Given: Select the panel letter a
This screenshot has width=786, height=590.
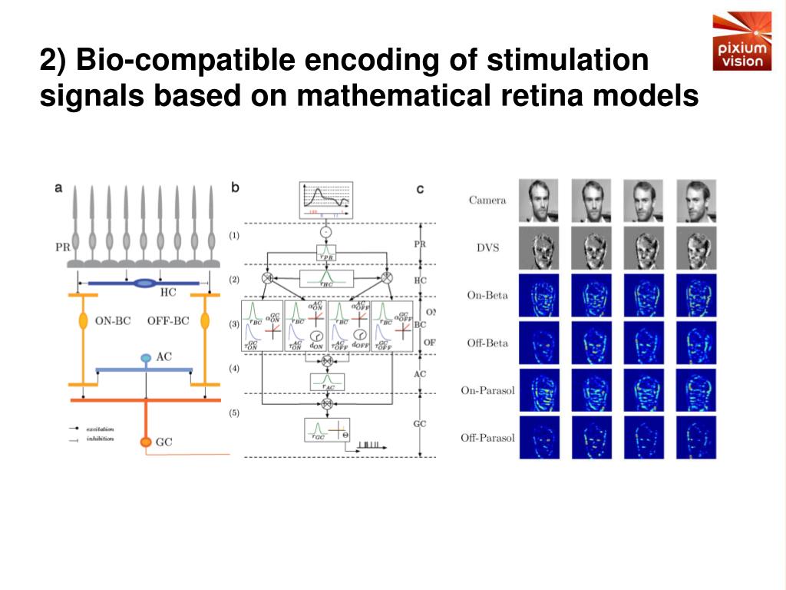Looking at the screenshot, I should (59, 187).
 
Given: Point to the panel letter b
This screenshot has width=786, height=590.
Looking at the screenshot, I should (235, 187).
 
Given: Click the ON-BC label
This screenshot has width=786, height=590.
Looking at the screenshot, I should (113, 321).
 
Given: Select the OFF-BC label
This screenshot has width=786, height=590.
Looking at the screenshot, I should (167, 321).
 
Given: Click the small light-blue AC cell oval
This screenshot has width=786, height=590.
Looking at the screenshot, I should (145, 358).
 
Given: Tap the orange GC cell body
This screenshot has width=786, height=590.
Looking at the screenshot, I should (145, 442).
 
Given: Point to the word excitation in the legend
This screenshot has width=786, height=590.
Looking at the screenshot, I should (101, 428).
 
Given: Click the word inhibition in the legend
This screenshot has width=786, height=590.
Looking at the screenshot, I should (101, 439).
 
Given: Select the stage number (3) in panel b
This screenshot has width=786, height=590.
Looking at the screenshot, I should (235, 324).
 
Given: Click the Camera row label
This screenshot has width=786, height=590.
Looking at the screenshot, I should (487, 201).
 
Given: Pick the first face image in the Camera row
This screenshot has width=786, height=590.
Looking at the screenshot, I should (539, 201).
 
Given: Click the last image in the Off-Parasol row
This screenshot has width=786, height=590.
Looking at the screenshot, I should (695, 438).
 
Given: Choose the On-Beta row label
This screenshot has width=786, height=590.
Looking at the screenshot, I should (487, 295).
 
